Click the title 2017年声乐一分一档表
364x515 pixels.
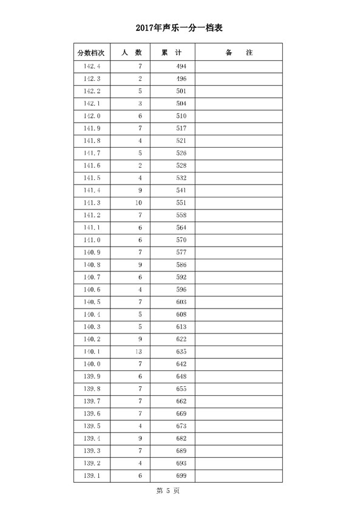(182, 27)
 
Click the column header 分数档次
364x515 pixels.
(92, 53)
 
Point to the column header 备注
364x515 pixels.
(238, 53)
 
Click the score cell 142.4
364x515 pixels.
(92, 66)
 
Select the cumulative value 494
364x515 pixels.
(181, 66)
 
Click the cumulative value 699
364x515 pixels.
(181, 475)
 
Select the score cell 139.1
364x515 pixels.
(92, 475)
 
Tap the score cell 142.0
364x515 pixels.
(92, 115)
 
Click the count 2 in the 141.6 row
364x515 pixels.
(140, 165)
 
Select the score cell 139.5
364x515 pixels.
(92, 425)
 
